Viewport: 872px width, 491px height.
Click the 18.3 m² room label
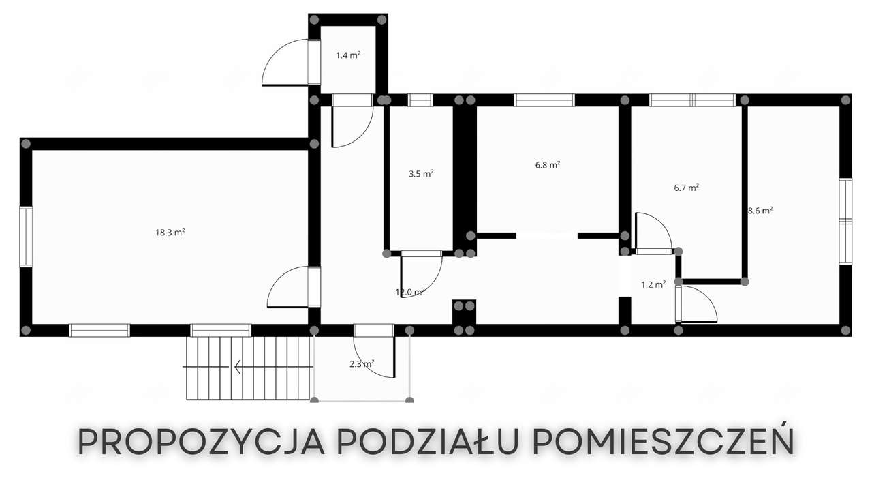coord(170,233)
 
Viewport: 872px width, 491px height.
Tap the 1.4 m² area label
coord(347,55)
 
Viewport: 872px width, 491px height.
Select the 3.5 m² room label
coord(421,174)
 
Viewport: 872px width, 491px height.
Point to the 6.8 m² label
coord(548,165)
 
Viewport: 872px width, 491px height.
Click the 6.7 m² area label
coord(686,188)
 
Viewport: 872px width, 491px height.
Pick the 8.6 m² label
coord(760,211)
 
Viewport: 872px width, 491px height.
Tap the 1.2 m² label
coord(653,285)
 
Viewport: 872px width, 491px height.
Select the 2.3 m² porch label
coord(362,364)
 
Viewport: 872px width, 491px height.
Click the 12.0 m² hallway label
coord(410,292)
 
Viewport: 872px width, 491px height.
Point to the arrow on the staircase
coord(240,368)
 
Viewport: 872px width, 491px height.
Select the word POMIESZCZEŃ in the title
coord(663,443)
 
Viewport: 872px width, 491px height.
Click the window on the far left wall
coord(26,237)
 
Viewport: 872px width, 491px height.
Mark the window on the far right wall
coord(845,221)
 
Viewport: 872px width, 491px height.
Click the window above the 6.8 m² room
coord(544,100)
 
